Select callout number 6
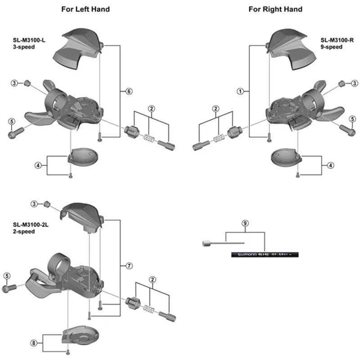click(129, 91)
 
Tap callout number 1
click(240, 91)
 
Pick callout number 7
click(129, 266)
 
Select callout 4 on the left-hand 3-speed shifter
click(38, 166)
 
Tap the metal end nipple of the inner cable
click(206, 243)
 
